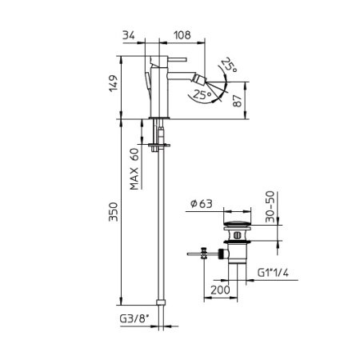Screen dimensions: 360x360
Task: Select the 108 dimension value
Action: click(182, 35)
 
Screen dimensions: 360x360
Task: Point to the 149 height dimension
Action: click(115, 83)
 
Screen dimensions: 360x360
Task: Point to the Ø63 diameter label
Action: click(203, 203)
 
